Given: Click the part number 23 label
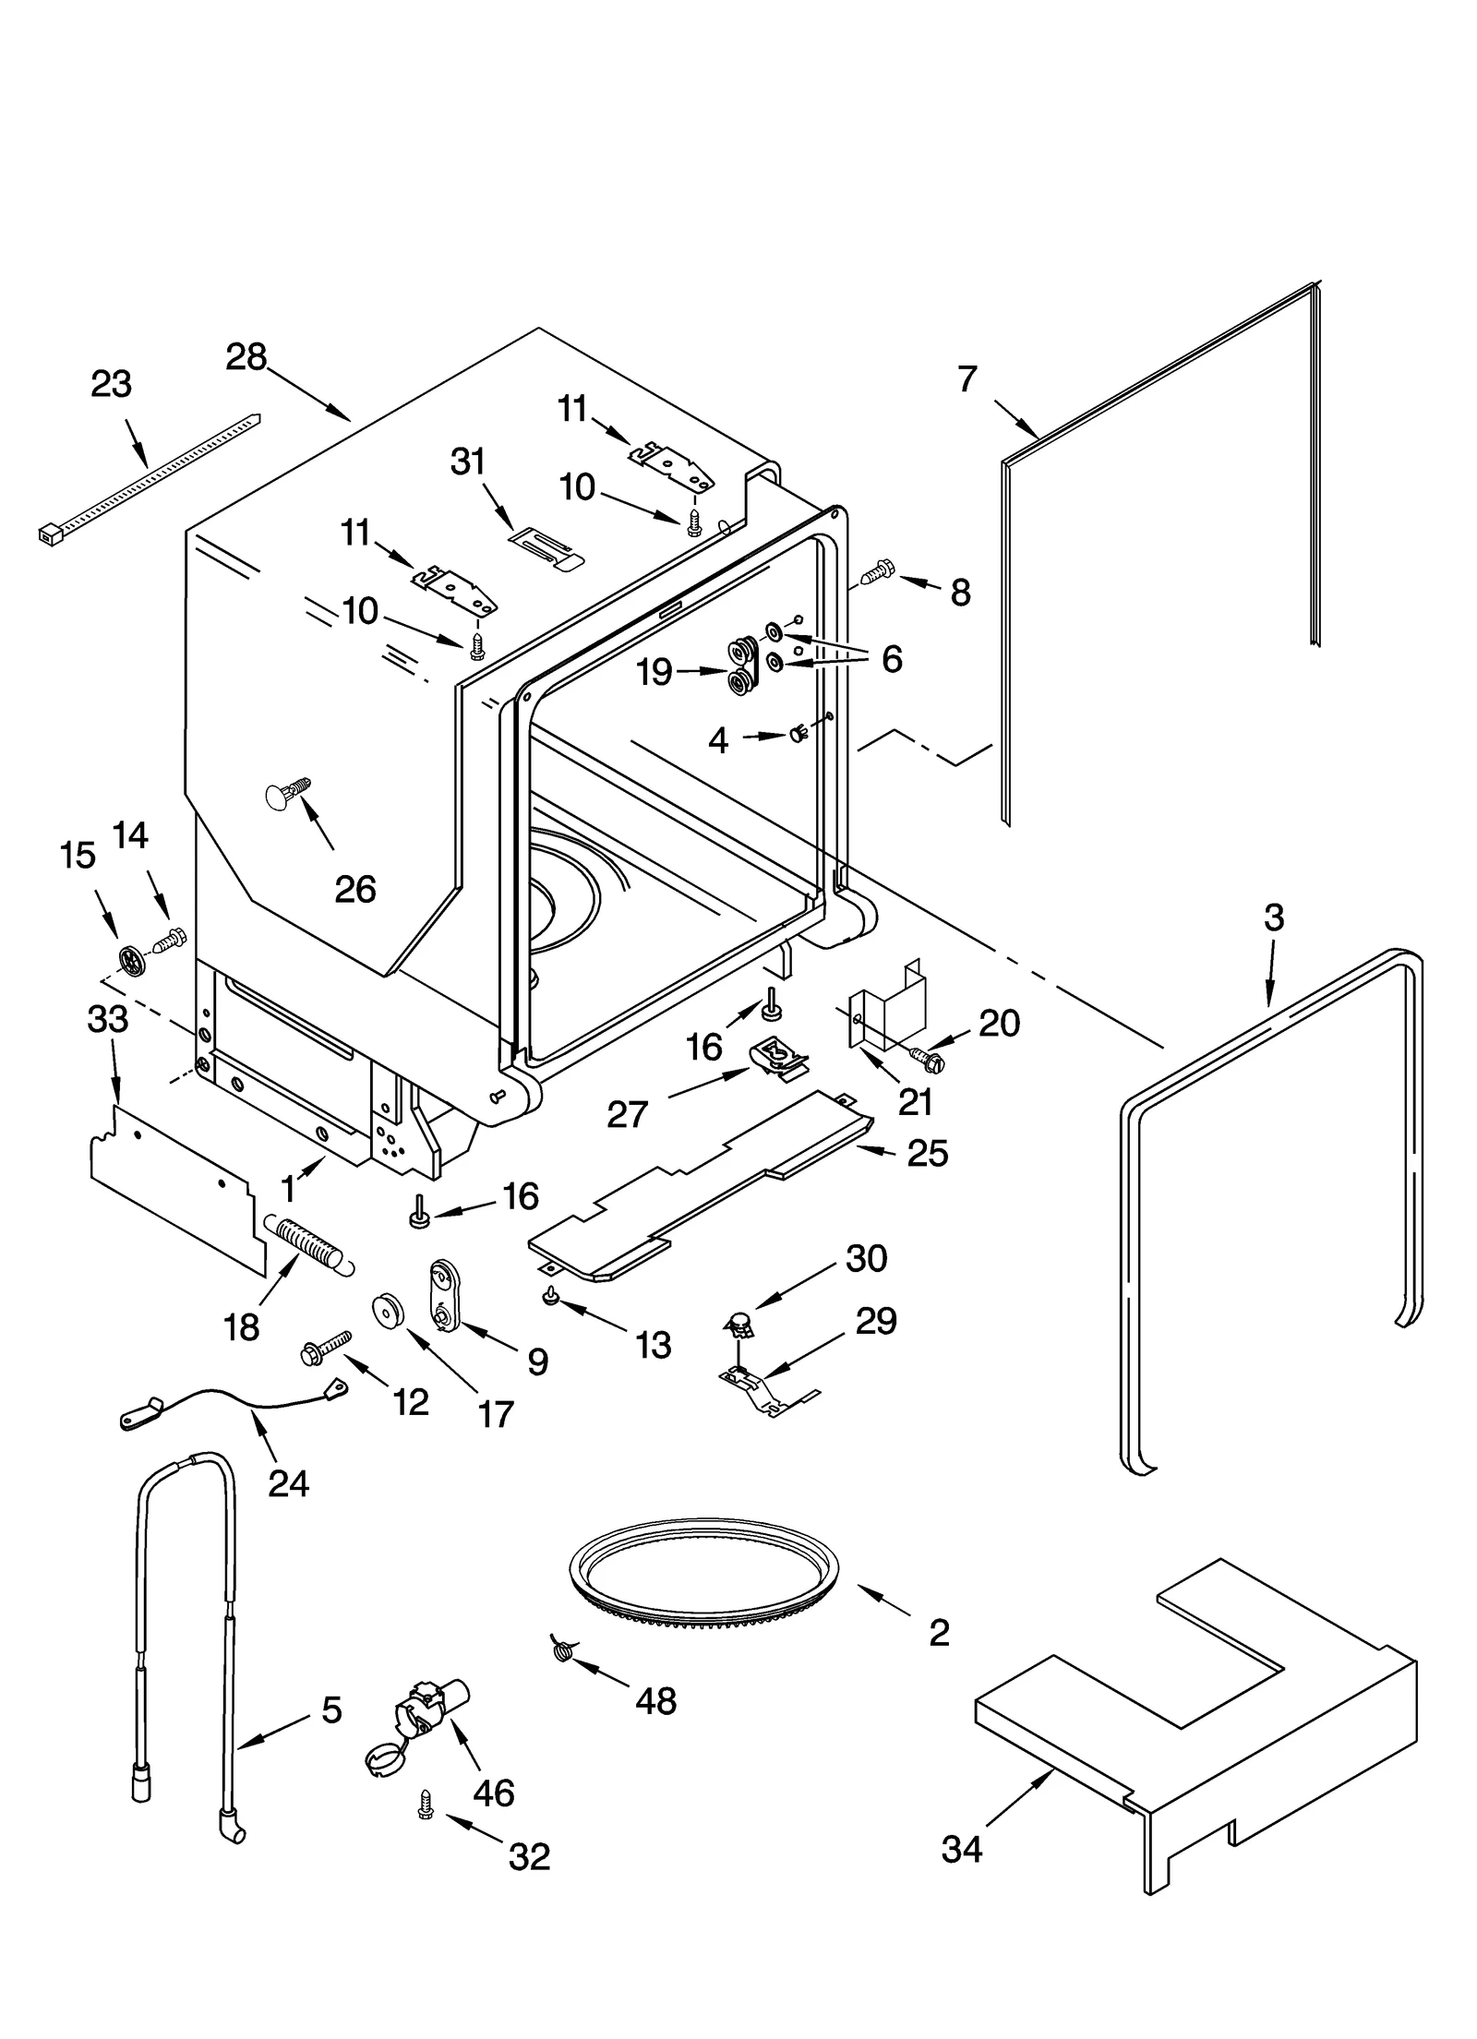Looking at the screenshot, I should pos(111,384).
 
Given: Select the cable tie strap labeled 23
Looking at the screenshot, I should pos(148,478).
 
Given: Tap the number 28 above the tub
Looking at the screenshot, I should pos(246,357).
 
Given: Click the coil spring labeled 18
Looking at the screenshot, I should pos(307,1243).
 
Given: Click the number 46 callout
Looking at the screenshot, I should pos(493,1793).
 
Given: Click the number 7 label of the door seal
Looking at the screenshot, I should pos(967,379).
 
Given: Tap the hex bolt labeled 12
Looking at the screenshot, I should pos(326,1349).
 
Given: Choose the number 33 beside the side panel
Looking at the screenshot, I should pos(107,1019).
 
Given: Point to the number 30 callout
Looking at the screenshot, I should pos(866,1258).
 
